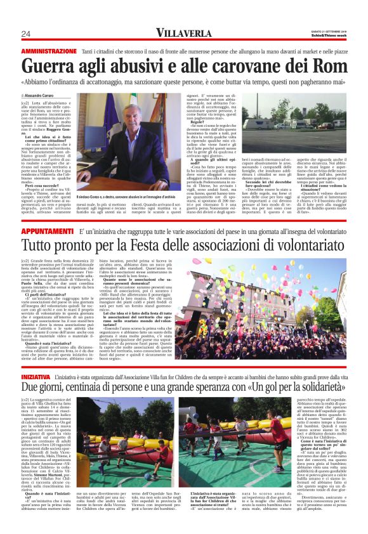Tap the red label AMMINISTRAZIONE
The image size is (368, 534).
pos(49,50)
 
